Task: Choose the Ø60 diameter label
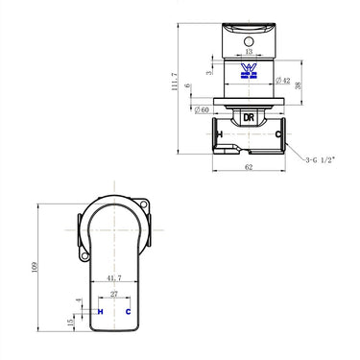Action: (202, 108)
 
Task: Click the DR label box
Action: (249, 115)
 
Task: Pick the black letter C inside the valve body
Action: (278, 136)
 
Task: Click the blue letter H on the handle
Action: (101, 313)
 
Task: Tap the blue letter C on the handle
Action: (129, 313)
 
